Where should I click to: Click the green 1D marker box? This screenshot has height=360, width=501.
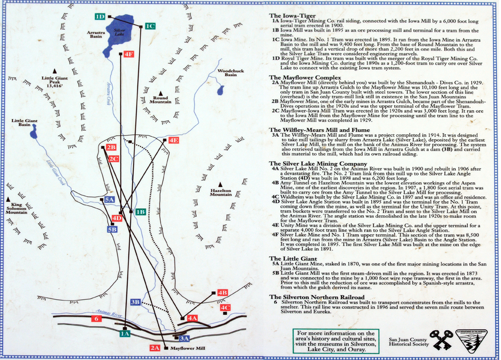100,16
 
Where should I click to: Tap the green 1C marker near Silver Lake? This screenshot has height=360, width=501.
150,26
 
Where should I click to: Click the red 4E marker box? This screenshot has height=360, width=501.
173,140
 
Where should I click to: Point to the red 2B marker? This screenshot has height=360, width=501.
111,147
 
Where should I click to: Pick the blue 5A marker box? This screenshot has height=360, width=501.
110,200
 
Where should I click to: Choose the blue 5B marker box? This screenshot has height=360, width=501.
112,229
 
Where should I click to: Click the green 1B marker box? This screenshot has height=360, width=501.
140,212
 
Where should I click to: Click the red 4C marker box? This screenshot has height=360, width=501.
226,308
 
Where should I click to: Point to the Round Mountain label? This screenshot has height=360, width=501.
162,99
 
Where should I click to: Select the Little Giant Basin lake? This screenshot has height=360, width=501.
33,133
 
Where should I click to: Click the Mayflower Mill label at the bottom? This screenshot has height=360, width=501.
188,349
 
